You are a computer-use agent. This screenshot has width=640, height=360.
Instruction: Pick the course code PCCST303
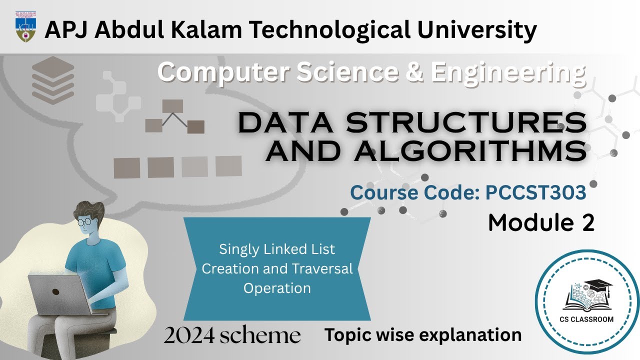tap(535, 192)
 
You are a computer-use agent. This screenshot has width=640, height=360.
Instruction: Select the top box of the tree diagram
tap(172, 106)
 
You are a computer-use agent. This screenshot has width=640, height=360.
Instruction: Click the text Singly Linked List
tap(277, 249)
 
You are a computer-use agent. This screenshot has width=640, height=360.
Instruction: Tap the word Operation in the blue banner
tap(277, 288)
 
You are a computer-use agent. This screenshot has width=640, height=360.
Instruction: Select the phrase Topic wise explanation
tap(423, 334)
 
